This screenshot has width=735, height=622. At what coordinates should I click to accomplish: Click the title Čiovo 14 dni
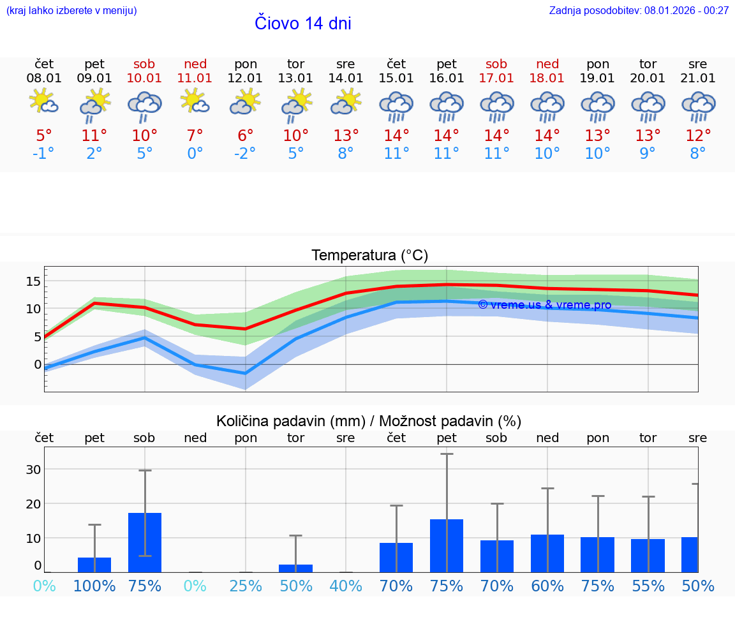[302, 24]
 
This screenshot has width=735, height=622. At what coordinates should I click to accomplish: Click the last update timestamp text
[639, 10]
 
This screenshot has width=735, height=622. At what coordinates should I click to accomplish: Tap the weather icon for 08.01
[44, 102]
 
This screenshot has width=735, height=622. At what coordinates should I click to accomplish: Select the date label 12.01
[246, 78]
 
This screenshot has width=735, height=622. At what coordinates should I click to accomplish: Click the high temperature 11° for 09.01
[94, 136]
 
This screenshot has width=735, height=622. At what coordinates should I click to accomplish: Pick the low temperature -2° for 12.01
[246, 154]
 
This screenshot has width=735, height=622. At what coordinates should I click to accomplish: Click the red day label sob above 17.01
[496, 64]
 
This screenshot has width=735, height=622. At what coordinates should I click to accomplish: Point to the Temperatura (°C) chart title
[369, 256]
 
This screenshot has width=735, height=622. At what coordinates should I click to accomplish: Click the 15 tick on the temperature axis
[33, 281]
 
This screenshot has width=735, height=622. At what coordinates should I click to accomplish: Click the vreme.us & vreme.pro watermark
[544, 305]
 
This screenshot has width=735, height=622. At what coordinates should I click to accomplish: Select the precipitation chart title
[369, 421]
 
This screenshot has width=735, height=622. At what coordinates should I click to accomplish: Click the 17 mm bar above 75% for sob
[145, 542]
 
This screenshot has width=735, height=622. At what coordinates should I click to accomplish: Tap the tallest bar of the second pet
[447, 545]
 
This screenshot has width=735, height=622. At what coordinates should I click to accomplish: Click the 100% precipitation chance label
[94, 586]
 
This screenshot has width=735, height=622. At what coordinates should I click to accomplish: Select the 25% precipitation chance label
[246, 586]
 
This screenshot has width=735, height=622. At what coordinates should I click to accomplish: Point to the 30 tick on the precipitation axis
[33, 470]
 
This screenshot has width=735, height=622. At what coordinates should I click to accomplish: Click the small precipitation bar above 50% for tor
[296, 568]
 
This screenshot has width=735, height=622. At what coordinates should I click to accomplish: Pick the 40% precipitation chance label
[346, 586]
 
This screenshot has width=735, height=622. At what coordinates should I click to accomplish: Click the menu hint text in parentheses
[71, 10]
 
